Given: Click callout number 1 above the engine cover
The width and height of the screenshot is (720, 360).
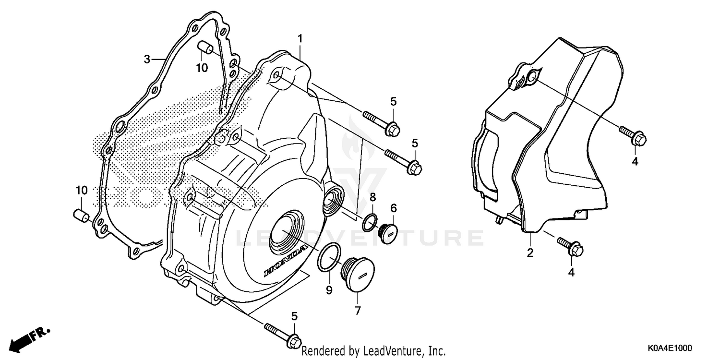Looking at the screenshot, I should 300,38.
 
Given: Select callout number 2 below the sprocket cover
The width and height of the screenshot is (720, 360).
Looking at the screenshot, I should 530,252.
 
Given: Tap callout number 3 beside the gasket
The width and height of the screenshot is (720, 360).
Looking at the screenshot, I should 147,59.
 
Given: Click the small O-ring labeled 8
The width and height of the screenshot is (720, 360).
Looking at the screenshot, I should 369,222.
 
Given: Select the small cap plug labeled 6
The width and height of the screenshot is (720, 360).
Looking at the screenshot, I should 387,232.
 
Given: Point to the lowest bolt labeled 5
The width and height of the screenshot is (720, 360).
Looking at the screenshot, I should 283,334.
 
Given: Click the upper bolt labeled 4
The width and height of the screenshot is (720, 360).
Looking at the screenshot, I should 634,135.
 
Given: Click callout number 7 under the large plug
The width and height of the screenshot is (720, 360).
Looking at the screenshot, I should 358,311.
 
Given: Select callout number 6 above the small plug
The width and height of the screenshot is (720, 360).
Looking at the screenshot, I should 393,208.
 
